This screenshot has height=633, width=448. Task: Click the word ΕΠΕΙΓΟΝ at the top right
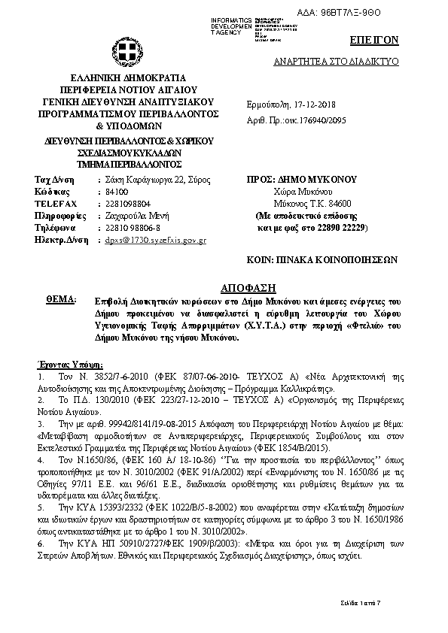(373, 39)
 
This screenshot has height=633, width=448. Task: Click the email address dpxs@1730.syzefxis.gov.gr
(155, 239)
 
